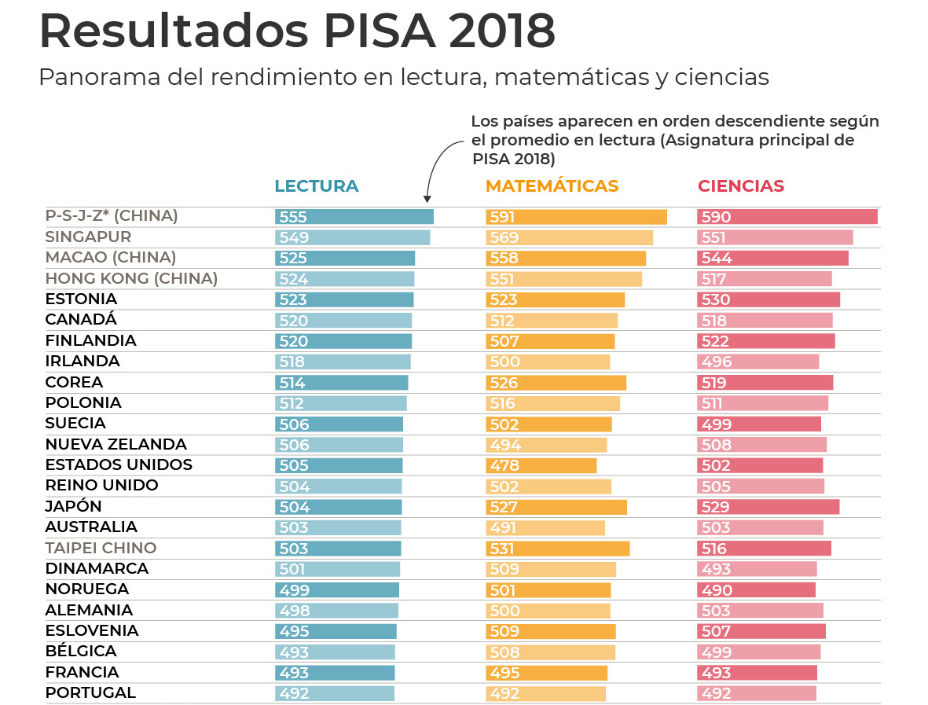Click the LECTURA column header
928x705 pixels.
tap(316, 186)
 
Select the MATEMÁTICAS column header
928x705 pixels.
tap(552, 186)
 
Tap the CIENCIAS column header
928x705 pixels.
tap(741, 186)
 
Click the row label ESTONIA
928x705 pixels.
tap(81, 299)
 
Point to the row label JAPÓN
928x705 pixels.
tap(74, 507)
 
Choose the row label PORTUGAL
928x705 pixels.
tap(90, 693)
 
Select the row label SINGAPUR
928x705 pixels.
tap(88, 237)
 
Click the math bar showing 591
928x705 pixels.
tap(576, 217)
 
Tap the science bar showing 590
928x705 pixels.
tap(787, 217)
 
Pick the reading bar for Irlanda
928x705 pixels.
tap(343, 362)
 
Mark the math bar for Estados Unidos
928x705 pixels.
tap(541, 465)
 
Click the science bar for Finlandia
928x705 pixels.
tap(765, 341)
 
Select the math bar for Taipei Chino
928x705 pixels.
tap(558, 549)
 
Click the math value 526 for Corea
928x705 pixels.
tap(504, 384)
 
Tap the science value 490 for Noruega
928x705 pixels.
tap(716, 590)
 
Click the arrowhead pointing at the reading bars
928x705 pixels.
tap(427, 199)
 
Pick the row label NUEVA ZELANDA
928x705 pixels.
tap(116, 445)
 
